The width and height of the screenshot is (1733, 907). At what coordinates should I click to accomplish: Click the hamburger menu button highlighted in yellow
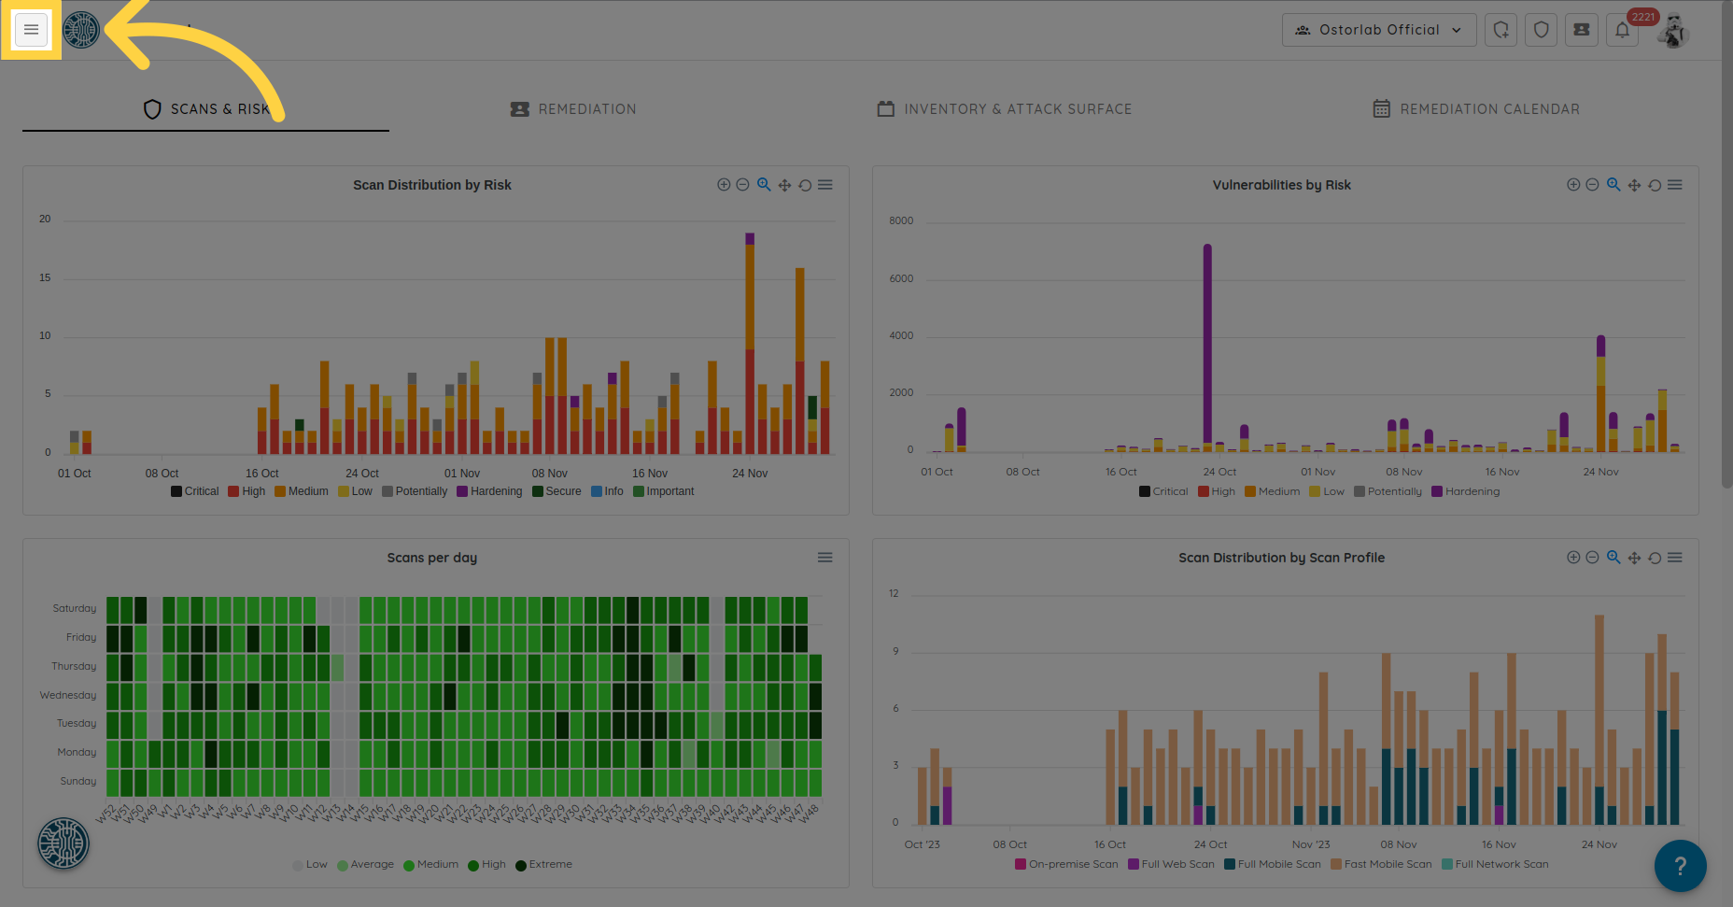point(31,30)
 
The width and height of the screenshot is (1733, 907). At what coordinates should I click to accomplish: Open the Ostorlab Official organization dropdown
point(1378,30)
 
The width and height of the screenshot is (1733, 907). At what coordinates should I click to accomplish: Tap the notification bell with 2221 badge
point(1623,30)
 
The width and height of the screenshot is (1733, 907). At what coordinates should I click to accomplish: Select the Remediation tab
point(573,109)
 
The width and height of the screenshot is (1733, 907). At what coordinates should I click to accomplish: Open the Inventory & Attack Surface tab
point(1005,109)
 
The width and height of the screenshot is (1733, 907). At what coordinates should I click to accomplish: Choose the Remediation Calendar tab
point(1476,109)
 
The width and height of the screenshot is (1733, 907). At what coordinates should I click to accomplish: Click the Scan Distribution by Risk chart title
point(431,185)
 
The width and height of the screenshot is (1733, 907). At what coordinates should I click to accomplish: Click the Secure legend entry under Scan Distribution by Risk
point(557,491)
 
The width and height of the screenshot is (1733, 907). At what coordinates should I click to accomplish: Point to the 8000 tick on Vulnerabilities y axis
point(901,221)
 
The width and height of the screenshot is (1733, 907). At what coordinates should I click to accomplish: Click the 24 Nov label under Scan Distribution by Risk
point(750,474)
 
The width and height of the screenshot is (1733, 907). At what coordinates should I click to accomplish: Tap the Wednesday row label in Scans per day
point(68,695)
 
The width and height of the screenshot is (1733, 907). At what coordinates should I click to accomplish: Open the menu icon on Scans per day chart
point(824,558)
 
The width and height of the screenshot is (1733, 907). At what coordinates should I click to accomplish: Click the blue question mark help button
point(1680,866)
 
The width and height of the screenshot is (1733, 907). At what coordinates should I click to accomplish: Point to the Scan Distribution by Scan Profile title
point(1281,558)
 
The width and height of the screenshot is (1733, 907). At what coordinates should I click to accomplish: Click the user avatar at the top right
point(1673,30)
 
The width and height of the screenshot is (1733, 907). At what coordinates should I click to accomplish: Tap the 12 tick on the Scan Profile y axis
point(894,594)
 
